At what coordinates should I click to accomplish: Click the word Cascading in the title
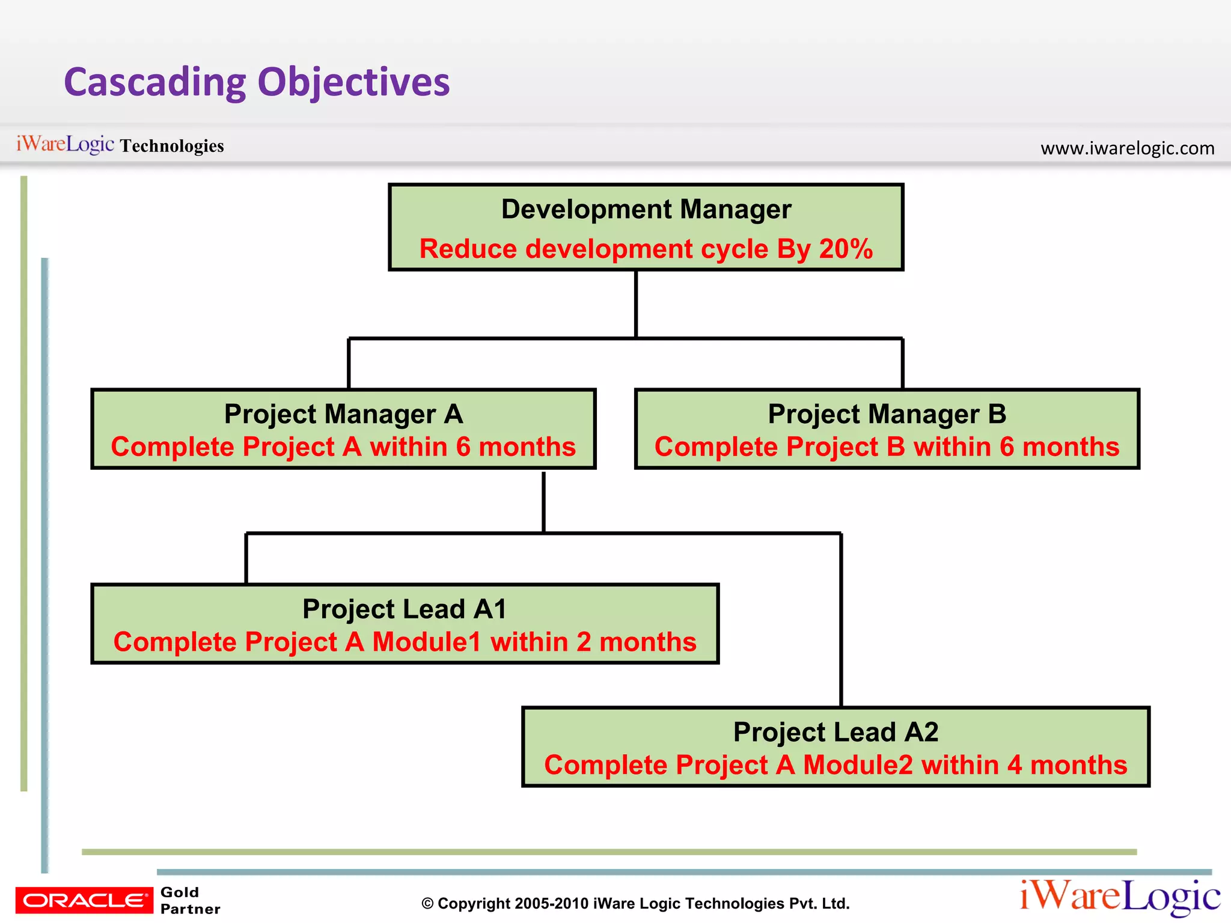click(x=155, y=82)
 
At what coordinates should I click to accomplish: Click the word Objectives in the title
click(x=353, y=82)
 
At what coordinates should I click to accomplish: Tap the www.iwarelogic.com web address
click(x=1127, y=148)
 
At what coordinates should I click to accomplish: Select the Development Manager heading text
click(x=646, y=210)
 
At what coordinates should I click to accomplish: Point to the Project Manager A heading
click(x=343, y=414)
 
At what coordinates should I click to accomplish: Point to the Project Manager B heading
click(x=887, y=414)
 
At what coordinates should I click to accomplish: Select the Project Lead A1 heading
click(x=405, y=609)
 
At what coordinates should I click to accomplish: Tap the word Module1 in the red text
click(x=426, y=642)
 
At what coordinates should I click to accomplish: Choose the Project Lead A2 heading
click(x=835, y=732)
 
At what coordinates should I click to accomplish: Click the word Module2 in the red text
click(x=858, y=765)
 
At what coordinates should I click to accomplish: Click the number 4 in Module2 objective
click(x=1015, y=765)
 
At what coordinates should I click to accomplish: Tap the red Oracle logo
click(x=84, y=900)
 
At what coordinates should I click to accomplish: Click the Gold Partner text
click(x=189, y=900)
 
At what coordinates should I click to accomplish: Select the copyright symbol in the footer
click(x=427, y=904)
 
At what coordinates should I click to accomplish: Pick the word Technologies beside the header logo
click(x=172, y=146)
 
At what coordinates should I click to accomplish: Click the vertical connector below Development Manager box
click(x=636, y=303)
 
